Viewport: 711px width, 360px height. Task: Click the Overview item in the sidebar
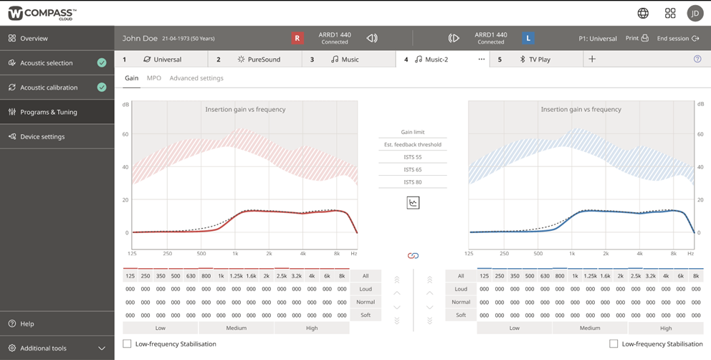(34, 38)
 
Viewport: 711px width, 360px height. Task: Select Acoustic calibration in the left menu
(49, 87)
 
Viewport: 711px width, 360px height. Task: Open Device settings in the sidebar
(42, 136)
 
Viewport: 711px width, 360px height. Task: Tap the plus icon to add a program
(592, 60)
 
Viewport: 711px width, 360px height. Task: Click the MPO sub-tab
(154, 78)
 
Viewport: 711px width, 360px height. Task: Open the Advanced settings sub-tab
(196, 78)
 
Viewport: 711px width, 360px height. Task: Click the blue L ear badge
(528, 38)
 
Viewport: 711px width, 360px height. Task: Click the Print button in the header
(636, 38)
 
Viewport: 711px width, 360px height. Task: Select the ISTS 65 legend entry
(412, 170)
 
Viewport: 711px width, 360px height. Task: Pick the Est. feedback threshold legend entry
(412, 145)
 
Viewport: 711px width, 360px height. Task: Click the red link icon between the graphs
(413, 256)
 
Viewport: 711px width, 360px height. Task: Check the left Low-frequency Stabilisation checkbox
(128, 344)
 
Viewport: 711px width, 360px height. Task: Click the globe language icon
(643, 13)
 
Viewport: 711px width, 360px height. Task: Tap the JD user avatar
(695, 13)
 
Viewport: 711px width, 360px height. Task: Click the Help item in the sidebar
(27, 323)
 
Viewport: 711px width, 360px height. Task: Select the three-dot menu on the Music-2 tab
(481, 60)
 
